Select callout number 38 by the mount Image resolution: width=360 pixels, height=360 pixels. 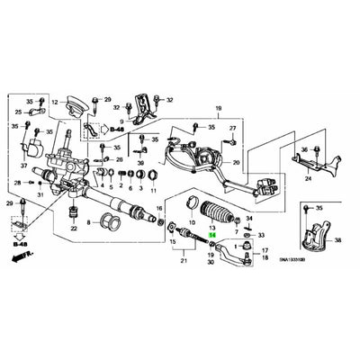337,241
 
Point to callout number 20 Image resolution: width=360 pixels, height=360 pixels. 237,163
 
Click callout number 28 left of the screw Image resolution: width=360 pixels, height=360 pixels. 16,183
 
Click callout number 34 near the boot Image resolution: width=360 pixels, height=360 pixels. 249,218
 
